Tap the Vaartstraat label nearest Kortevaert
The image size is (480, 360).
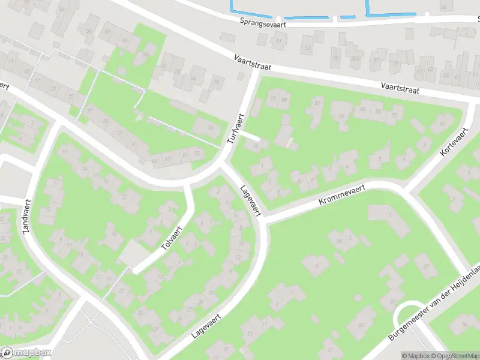coord(400,88)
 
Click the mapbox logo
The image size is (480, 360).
coord(26,353)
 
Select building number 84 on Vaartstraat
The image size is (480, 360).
coord(342,116)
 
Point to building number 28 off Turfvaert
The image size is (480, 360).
coord(256,145)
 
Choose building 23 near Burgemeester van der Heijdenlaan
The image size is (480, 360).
coord(361,325)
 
